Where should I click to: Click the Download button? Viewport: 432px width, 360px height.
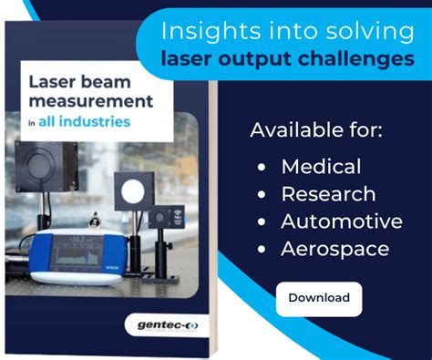coord(318,298)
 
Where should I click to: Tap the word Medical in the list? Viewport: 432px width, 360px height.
coord(321,167)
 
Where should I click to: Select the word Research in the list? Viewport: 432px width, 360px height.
coord(327,194)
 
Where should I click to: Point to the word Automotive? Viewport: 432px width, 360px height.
coord(341,221)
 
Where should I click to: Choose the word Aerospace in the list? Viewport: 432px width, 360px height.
coord(334,249)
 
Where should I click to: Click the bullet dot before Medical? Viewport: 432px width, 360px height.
coord(262,168)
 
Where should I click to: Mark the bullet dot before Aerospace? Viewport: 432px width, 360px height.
coord(262,250)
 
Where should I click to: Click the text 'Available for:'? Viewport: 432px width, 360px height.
coord(317,130)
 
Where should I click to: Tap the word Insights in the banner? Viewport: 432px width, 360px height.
coord(200,31)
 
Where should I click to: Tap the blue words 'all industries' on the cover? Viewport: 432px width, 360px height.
coord(89,120)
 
